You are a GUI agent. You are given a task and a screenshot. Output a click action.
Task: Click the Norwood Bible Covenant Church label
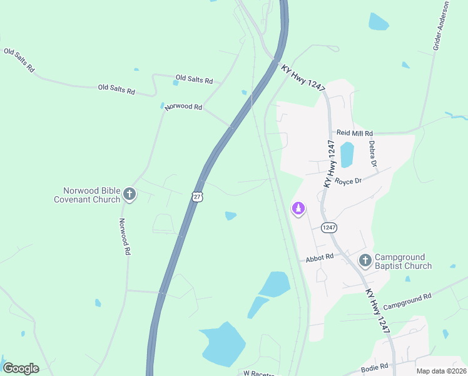tap(91, 195)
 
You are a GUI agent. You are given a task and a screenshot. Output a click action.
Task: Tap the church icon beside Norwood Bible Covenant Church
tap(130, 194)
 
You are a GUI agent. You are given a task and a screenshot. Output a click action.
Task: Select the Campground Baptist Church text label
tap(403, 261)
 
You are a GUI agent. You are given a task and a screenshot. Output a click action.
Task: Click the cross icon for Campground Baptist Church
tap(365, 260)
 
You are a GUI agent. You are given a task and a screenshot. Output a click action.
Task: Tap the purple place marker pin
tap(298, 209)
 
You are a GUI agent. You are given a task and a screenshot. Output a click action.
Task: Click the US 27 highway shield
tap(197, 197)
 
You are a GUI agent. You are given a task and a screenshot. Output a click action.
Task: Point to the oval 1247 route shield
tap(329, 227)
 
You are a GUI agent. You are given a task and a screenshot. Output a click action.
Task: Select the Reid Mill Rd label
tap(355, 133)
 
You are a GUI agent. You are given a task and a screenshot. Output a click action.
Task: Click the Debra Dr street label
tap(373, 154)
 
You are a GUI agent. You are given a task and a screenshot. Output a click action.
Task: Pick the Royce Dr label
tap(348, 181)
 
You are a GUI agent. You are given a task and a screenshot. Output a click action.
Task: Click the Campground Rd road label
tap(407, 301)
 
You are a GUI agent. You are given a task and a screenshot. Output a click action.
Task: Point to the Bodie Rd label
tap(375, 365)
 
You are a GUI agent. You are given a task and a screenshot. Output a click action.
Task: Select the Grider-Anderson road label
tap(440, 26)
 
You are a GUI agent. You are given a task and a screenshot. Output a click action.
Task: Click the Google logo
tap(21, 368)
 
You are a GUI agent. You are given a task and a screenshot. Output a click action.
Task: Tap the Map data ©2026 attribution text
tap(440, 371)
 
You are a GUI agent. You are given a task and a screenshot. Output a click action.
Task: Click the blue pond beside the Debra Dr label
tap(347, 155)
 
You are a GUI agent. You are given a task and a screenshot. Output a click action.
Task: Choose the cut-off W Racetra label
tap(259, 373)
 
